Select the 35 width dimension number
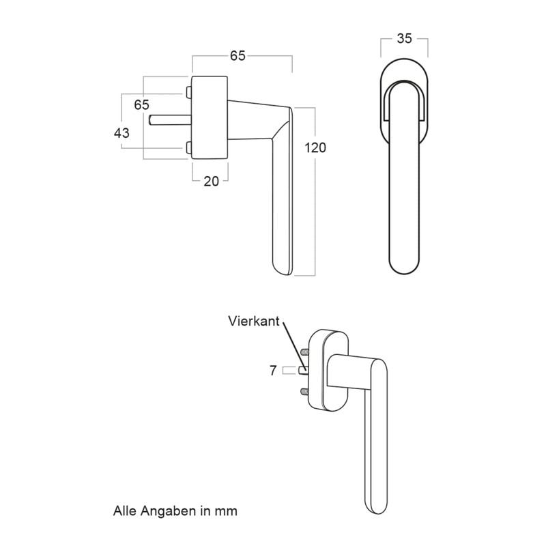(404, 39)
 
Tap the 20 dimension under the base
(211, 181)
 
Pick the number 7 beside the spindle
(273, 371)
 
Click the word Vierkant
(254, 321)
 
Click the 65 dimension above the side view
(237, 57)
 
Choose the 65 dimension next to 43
(141, 105)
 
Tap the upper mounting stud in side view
(187, 92)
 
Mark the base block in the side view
(210, 118)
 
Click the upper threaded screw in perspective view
(304, 352)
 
